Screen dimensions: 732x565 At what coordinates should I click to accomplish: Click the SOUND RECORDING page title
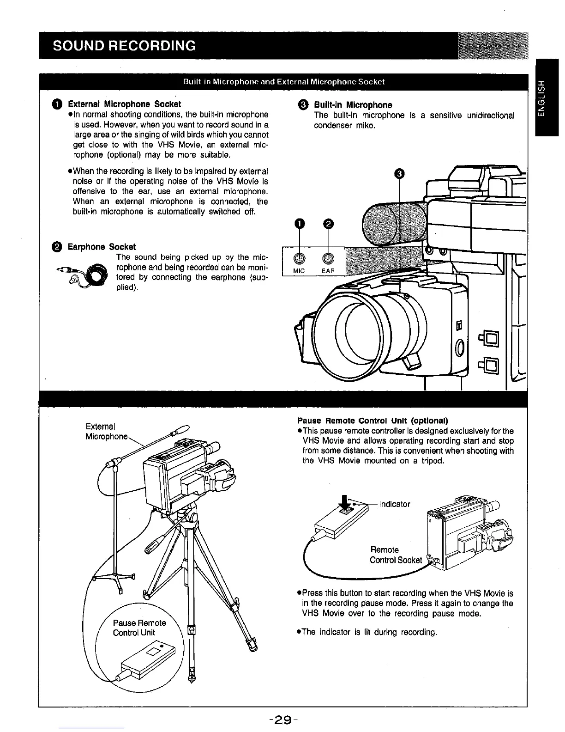(124, 46)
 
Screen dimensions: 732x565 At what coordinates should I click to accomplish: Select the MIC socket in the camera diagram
(299, 259)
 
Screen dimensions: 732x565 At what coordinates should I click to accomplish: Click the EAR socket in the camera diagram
(327, 259)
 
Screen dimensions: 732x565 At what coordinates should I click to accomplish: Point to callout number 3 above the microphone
(400, 173)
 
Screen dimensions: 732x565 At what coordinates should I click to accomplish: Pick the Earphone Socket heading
(102, 247)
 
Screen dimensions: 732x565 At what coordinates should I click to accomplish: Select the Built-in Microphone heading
(353, 105)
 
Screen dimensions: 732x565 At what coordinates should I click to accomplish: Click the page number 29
(282, 720)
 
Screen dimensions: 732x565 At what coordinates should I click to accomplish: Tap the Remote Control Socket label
(396, 555)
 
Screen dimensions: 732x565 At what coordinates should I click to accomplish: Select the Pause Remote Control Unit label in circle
(139, 628)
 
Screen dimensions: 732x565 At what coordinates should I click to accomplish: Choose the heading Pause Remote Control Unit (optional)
(373, 421)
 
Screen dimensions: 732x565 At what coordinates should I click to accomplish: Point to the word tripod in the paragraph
(432, 461)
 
